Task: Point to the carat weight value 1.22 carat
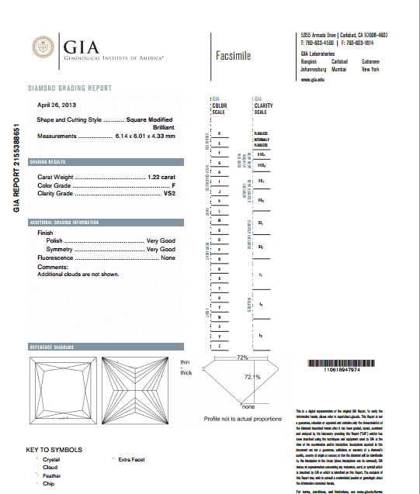coord(161,178)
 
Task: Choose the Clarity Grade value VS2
coord(168,193)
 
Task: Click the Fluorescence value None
coord(168,257)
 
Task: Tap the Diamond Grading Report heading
coord(69,88)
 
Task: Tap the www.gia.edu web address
coord(311,79)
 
